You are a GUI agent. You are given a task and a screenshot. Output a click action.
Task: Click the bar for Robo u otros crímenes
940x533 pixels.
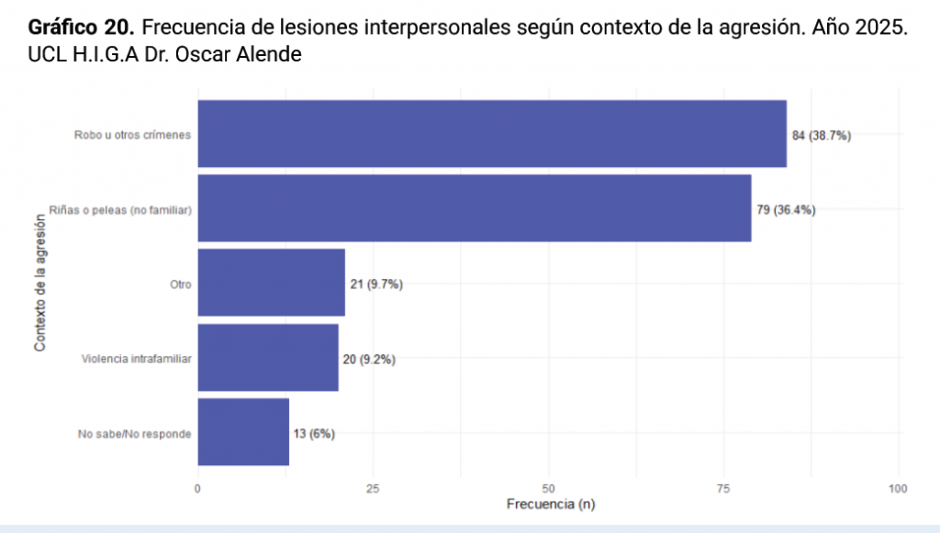pyautogui.click(x=492, y=134)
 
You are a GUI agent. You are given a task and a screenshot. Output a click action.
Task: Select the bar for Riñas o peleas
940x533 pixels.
pyautogui.click(x=475, y=208)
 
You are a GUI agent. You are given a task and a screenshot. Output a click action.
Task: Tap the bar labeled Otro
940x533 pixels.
pyautogui.click(x=271, y=283)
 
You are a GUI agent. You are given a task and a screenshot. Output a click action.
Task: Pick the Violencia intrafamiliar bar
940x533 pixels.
pyautogui.click(x=268, y=358)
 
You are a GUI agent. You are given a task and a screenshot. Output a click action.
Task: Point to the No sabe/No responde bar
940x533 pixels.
pyautogui.click(x=243, y=432)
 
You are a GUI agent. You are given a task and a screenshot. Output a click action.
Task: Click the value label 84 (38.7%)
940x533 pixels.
pyautogui.click(x=822, y=135)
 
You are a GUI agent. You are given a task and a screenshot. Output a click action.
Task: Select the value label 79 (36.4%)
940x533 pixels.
pyautogui.click(x=786, y=209)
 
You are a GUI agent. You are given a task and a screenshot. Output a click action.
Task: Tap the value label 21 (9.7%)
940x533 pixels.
pyautogui.click(x=376, y=284)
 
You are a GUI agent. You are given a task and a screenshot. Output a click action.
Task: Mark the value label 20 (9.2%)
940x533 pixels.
pyautogui.click(x=369, y=359)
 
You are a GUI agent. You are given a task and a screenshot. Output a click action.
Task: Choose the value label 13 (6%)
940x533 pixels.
pyautogui.click(x=314, y=433)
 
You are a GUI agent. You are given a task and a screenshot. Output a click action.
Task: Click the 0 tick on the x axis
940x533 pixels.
pyautogui.click(x=198, y=488)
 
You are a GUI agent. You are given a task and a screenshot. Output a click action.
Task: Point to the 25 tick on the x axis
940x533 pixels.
pyautogui.click(x=374, y=488)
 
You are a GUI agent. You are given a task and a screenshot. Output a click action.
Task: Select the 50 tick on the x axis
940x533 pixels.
pyautogui.click(x=549, y=488)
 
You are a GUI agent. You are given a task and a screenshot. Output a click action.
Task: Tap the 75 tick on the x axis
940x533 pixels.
pyautogui.click(x=723, y=488)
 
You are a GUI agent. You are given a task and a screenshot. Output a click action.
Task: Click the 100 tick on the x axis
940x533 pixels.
pyautogui.click(x=898, y=488)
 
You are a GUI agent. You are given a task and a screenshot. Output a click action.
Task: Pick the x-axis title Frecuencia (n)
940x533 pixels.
pyautogui.click(x=549, y=505)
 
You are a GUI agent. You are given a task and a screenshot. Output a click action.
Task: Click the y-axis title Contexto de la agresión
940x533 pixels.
pyautogui.click(x=39, y=283)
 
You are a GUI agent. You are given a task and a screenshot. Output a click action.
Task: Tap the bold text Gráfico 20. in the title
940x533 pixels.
pyautogui.click(x=82, y=27)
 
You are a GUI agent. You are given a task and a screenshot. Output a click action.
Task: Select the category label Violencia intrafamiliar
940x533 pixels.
pyautogui.click(x=136, y=359)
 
